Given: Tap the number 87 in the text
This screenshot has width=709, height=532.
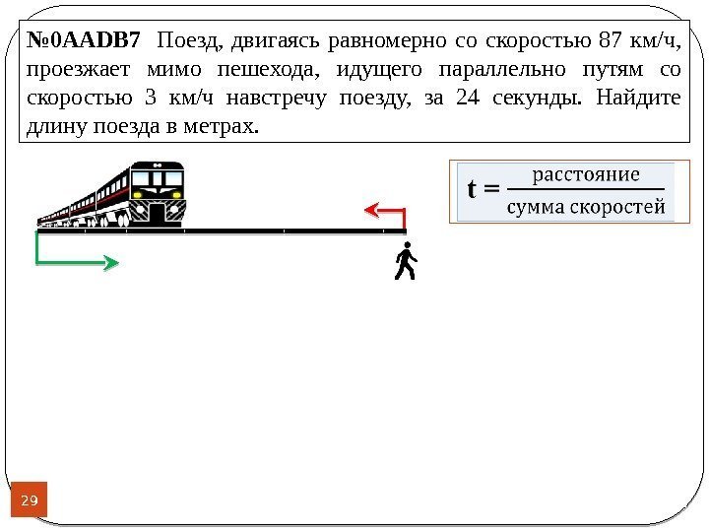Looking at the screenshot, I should pyautogui.click(x=611, y=41).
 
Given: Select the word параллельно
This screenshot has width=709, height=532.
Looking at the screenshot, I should pyautogui.click(x=517, y=70).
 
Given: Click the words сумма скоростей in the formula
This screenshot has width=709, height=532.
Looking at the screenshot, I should pyautogui.click(x=585, y=207).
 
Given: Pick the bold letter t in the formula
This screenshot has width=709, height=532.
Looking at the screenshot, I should pyautogui.click(x=473, y=189).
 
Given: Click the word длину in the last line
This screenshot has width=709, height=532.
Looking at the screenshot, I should pyautogui.click(x=50, y=127).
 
